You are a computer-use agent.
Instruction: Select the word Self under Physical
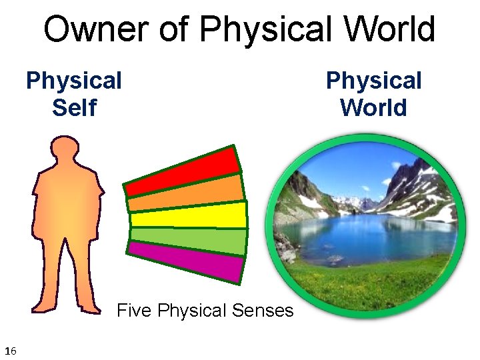[x=74, y=107]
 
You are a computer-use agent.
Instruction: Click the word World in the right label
[x=373, y=107]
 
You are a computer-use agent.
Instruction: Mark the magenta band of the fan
[x=187, y=261]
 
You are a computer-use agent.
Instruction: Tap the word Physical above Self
[x=74, y=81]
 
